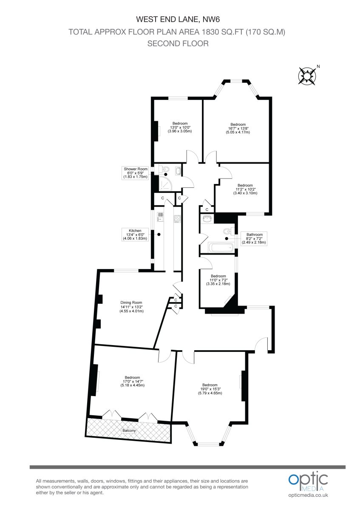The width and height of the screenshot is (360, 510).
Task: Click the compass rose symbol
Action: pyautogui.click(x=307, y=76)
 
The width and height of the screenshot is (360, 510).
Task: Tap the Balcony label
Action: pyautogui.click(x=129, y=431)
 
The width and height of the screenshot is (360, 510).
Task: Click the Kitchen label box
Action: pyautogui.click(x=135, y=235)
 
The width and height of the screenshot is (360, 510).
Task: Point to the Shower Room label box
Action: pyautogui.click(x=136, y=173)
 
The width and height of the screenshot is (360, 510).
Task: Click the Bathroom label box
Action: pyautogui.click(x=254, y=238)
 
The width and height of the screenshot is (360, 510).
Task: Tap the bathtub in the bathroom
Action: pyautogui.click(x=221, y=247)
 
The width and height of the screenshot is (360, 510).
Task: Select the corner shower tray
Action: pyautogui.click(x=165, y=184)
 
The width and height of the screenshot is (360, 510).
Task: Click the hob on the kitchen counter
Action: pyautogui.click(x=177, y=218)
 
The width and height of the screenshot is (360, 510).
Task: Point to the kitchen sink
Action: pyautogui.click(x=160, y=217)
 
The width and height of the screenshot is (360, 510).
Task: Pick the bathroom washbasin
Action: pyautogui.click(x=207, y=219)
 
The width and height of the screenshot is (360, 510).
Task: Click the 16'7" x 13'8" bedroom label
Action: pyautogui.click(x=238, y=128)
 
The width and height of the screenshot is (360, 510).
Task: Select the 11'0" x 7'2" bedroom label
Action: pyautogui.click(x=218, y=280)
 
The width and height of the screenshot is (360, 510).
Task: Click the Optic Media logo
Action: pyautogui.click(x=308, y=481)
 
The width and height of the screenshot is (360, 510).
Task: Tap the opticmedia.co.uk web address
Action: pyautogui.click(x=308, y=495)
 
